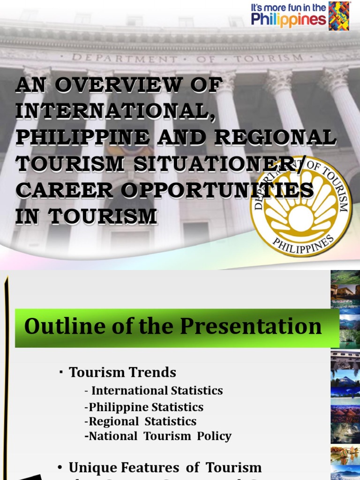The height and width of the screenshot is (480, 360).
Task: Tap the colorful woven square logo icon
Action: [x=339, y=16]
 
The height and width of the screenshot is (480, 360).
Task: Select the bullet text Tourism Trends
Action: [x=122, y=372]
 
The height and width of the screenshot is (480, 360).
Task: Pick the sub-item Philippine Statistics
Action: [x=146, y=406]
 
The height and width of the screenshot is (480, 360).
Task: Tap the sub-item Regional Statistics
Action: [x=142, y=421]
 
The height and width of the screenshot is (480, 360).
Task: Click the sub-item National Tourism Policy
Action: [x=160, y=436]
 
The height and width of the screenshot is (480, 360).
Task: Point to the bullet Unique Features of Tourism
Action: [x=165, y=467]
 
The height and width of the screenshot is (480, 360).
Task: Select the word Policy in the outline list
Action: [x=213, y=436]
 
